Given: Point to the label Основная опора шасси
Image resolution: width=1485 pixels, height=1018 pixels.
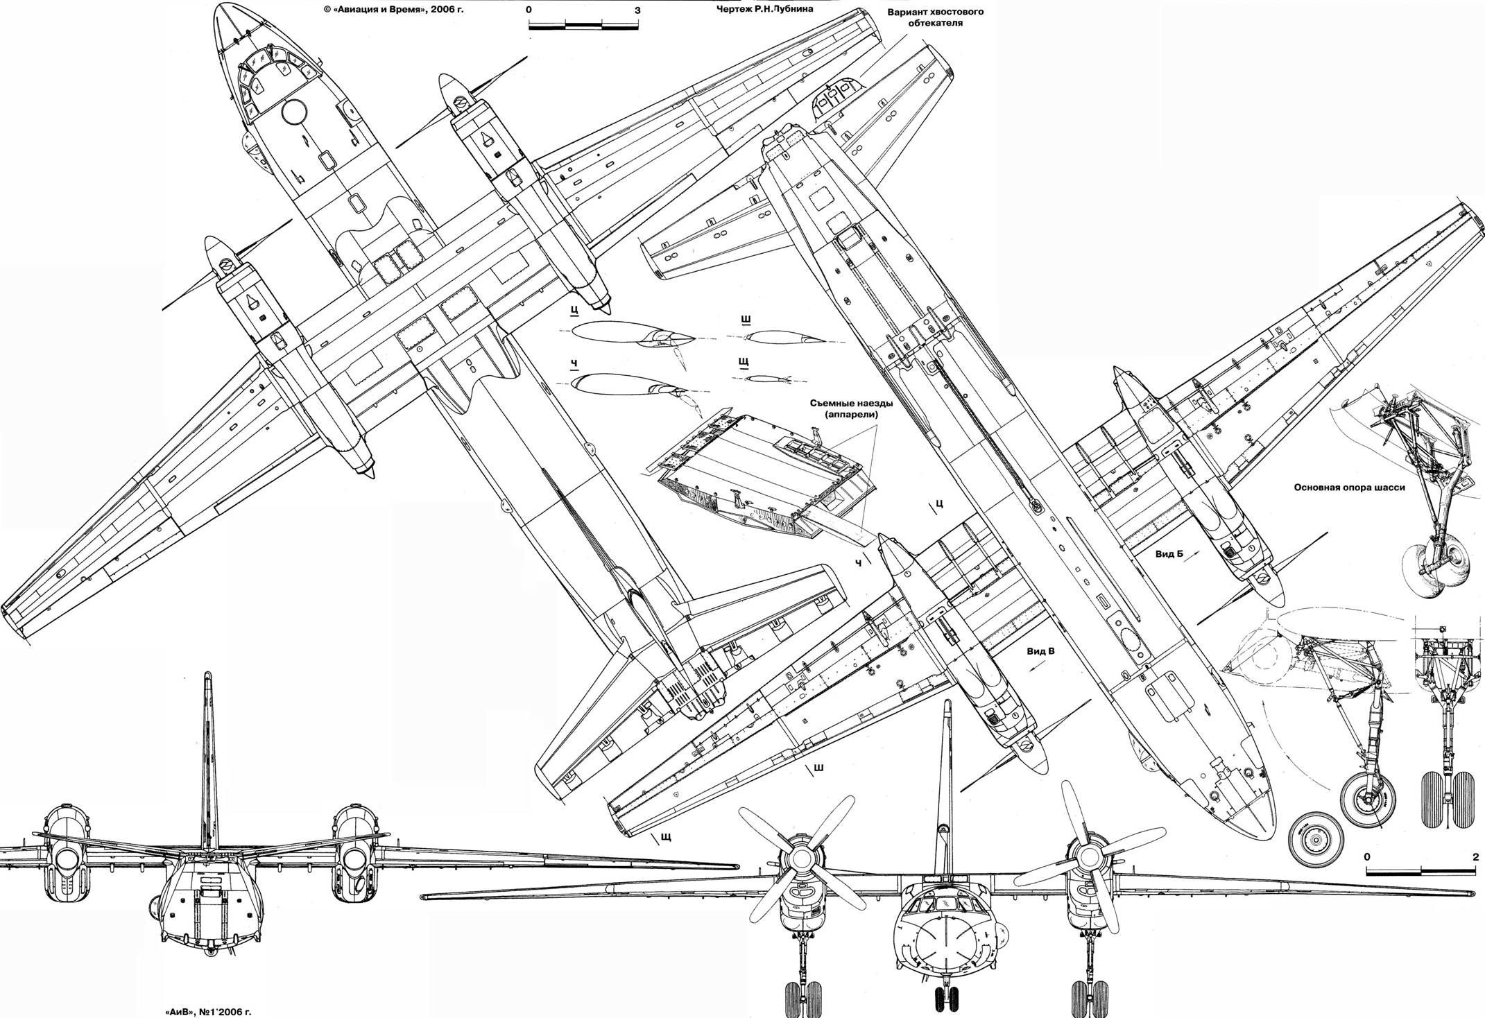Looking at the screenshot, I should tap(1349, 487).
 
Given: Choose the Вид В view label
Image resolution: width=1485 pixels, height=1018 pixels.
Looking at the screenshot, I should tap(1040, 652).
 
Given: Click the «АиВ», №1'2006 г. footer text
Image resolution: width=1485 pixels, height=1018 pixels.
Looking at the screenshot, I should tap(208, 1012).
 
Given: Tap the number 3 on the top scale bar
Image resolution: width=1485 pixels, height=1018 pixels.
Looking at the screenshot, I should tap(637, 10).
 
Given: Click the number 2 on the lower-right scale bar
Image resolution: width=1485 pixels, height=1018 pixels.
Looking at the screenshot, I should tap(1473, 856).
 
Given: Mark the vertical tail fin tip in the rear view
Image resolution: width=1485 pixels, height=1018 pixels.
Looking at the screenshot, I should tap(207, 676).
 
